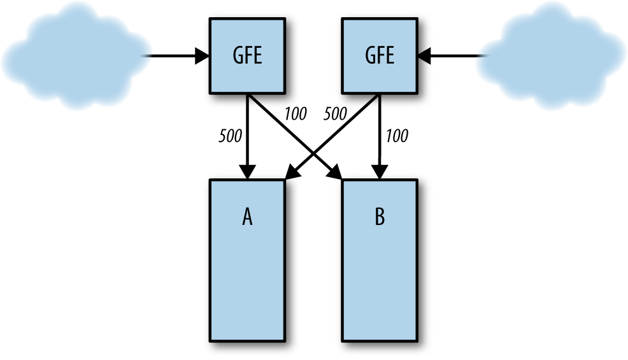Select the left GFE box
[247, 56]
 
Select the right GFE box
[380, 56]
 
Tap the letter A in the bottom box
[247, 218]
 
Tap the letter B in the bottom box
[380, 218]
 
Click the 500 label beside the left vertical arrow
[229, 136]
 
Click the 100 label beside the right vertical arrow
[397, 136]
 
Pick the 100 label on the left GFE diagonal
[295, 115]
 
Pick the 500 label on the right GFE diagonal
[335, 115]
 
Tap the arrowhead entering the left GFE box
[202, 56]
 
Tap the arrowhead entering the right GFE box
[425, 56]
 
